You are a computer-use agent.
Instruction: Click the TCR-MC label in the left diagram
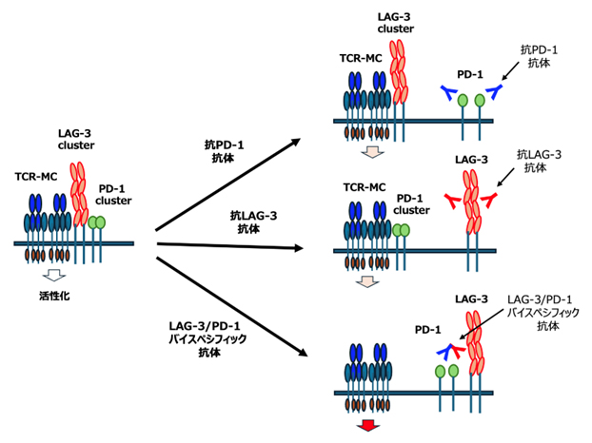tap(35, 177)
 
